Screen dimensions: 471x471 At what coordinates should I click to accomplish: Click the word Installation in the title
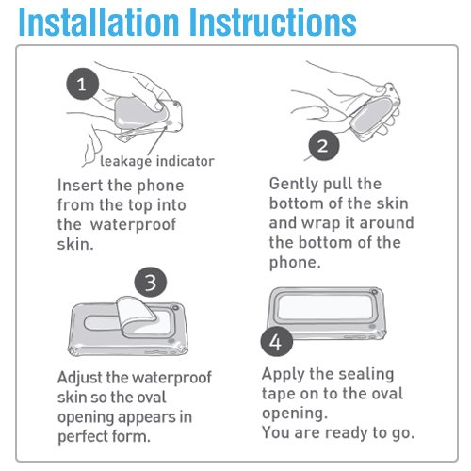pyautogui.click(x=99, y=22)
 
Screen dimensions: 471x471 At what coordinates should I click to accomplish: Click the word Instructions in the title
pyautogui.click(x=273, y=22)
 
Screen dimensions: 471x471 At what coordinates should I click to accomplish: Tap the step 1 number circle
pyautogui.click(x=83, y=84)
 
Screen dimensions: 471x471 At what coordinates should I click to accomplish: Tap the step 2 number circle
pyautogui.click(x=324, y=146)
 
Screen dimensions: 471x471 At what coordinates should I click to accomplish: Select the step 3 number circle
pyautogui.click(x=151, y=283)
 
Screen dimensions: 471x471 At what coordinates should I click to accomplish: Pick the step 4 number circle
pyautogui.click(x=276, y=342)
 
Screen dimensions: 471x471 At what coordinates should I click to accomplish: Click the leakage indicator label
pyautogui.click(x=157, y=161)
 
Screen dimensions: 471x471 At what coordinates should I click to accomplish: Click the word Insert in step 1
pyautogui.click(x=79, y=186)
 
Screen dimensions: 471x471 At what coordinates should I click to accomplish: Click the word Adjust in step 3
pyautogui.click(x=80, y=378)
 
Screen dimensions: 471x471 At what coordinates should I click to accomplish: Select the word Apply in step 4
pyautogui.click(x=283, y=375)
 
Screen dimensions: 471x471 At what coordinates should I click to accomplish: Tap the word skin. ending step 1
pyautogui.click(x=75, y=244)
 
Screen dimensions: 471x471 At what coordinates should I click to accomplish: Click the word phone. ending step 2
pyautogui.click(x=295, y=263)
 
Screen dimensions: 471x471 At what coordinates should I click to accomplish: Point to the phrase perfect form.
pyautogui.click(x=104, y=437)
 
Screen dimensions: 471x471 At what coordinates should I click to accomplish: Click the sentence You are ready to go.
pyautogui.click(x=338, y=433)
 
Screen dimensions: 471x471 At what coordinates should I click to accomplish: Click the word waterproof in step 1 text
pyautogui.click(x=133, y=225)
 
